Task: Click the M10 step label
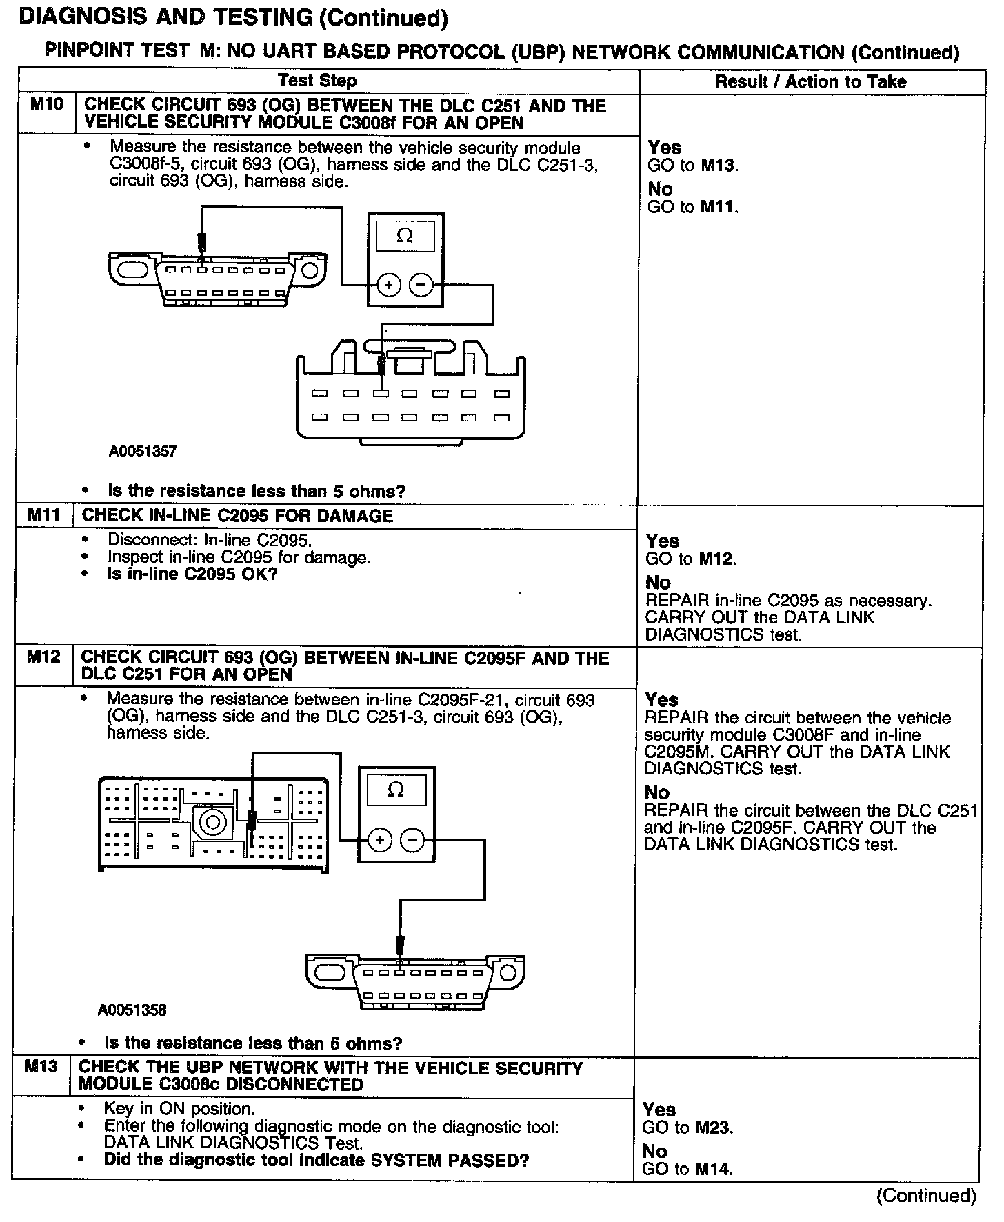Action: (47, 105)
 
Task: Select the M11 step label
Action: (45, 515)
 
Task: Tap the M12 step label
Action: (44, 657)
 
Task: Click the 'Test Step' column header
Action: (317, 81)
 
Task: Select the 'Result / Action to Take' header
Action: (811, 81)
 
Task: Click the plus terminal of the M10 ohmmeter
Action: (389, 285)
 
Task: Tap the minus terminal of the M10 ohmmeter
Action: (421, 285)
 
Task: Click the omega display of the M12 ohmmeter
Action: (396, 790)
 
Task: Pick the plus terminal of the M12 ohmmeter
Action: (380, 840)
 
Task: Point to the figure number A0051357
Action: (143, 452)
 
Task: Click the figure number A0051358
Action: (132, 1010)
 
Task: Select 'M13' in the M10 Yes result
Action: (719, 166)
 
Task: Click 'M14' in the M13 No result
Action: (713, 1169)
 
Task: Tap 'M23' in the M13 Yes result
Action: (713, 1128)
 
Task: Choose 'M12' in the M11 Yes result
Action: (716, 559)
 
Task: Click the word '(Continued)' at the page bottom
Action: (926, 1195)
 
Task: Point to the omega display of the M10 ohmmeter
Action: (405, 236)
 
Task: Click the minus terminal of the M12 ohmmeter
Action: (412, 840)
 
